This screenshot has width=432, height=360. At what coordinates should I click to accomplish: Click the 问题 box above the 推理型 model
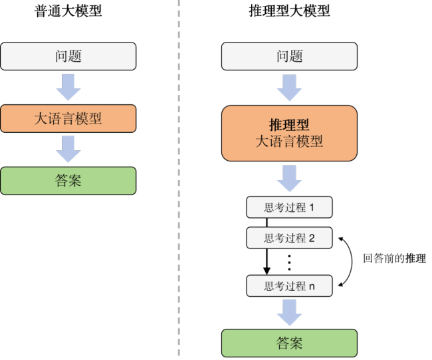pos(289,56)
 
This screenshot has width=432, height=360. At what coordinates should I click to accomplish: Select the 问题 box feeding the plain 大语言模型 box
pos(68,56)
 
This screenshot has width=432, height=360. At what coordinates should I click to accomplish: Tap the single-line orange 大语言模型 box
pos(68,118)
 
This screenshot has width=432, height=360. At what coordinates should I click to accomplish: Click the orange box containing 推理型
pos(289,133)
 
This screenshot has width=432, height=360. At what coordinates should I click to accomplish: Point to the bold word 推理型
pos(289,125)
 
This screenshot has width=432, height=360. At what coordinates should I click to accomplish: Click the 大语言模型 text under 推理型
pos(289,141)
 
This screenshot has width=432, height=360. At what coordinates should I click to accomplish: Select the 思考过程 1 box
pos(289,207)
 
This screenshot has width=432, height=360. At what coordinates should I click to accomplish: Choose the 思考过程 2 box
pos(289,238)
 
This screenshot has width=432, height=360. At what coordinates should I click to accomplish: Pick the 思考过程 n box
pos(289,286)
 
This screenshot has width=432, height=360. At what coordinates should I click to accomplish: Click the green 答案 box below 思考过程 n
pos(289,343)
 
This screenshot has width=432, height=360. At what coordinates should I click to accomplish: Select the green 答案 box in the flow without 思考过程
pos(68,180)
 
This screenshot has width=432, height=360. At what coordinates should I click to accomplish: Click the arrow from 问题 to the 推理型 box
pos(289,87)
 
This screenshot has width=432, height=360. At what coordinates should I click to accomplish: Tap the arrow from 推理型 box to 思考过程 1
pos(289,179)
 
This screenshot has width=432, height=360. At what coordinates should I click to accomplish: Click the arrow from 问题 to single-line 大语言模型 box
pos(68,87)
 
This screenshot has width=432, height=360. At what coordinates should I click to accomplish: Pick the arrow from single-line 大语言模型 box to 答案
pos(68,149)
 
